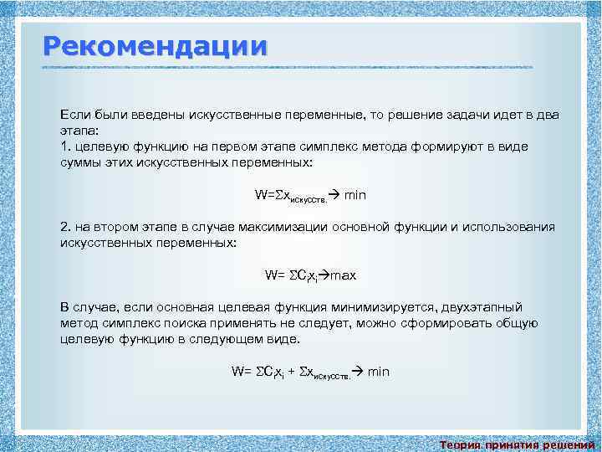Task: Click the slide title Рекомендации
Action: click(156, 45)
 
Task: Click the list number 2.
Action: click(65, 227)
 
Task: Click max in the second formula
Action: click(344, 275)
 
